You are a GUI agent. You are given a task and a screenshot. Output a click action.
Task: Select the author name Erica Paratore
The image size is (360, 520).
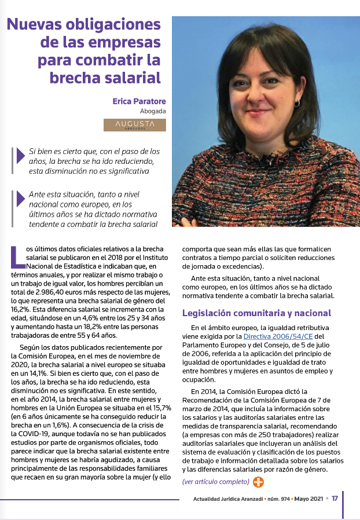point(139,101)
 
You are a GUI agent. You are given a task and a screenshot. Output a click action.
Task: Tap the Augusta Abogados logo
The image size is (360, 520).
point(135,125)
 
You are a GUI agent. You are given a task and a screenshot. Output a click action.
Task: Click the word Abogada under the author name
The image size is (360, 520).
point(153,111)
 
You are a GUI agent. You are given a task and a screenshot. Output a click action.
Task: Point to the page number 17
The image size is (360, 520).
point(335,499)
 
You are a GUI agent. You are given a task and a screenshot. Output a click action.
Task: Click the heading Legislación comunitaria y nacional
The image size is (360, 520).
point(256,313)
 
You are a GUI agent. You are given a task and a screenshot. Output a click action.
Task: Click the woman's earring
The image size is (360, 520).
point(297,103)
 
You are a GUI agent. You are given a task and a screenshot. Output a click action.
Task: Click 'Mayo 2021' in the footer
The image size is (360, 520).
point(307,499)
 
